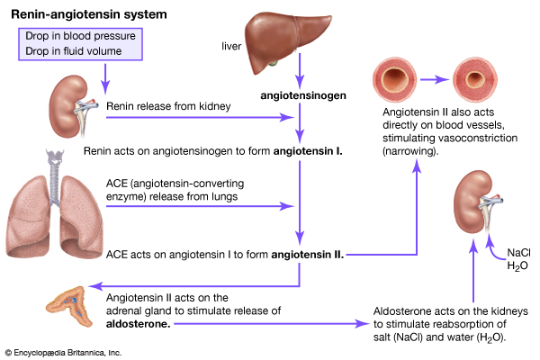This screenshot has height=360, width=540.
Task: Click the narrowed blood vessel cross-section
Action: (x=483, y=80)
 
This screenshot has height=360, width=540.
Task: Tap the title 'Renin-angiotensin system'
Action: (x=76, y=13)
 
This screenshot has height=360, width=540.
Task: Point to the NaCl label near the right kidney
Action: (x=519, y=253)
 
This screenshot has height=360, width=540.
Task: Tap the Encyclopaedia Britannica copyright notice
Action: (x=64, y=352)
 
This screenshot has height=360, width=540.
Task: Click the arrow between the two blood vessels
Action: (x=444, y=80)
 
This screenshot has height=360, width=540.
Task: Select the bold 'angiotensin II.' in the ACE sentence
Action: (x=308, y=254)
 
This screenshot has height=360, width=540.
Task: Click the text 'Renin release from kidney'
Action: (x=168, y=107)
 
